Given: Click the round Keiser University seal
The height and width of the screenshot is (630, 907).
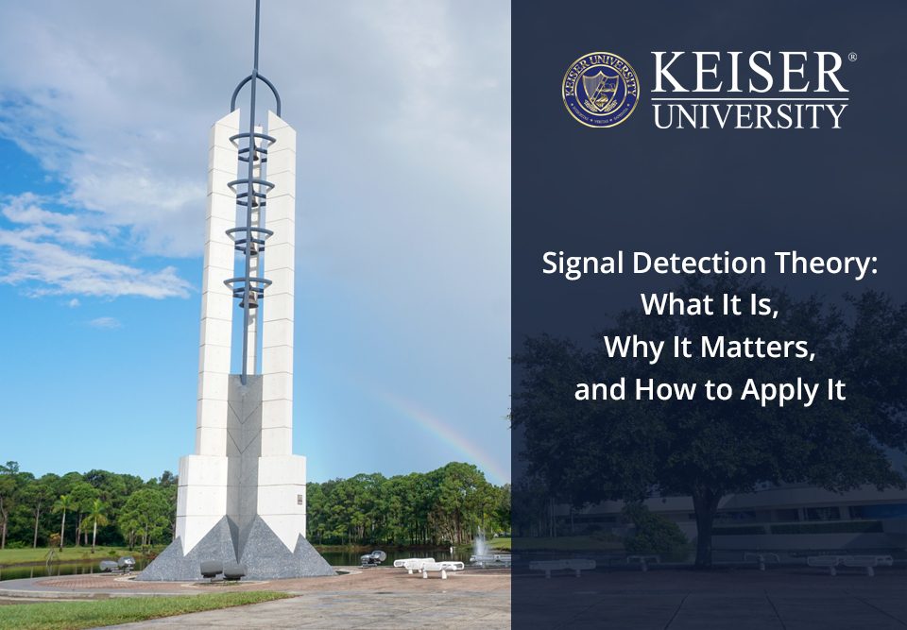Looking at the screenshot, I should [x=600, y=90].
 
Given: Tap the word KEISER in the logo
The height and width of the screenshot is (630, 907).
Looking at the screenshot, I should [x=748, y=75].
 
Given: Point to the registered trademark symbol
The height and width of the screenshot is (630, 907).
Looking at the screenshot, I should [x=852, y=58].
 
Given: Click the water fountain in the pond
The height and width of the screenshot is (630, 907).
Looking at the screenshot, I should [x=481, y=546].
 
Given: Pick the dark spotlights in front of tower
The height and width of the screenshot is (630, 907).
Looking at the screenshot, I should [x=221, y=570].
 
